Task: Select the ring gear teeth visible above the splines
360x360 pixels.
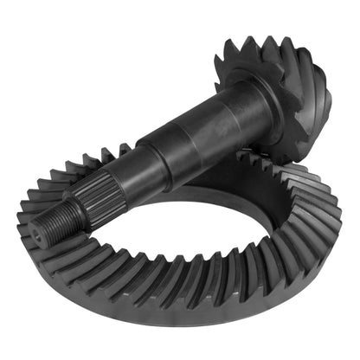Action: point(87,170)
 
